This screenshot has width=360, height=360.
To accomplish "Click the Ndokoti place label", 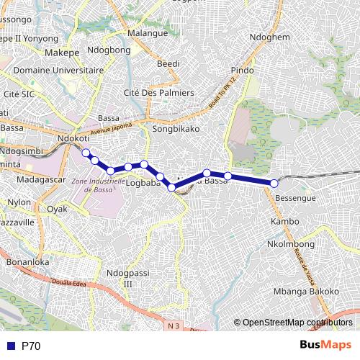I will (75, 138).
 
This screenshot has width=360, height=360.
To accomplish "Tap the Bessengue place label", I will (296, 197).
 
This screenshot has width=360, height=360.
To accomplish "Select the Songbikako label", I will (176, 129).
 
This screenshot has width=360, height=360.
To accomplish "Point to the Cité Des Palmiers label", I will (159, 94).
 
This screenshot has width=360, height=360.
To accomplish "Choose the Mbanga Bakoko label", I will (306, 291).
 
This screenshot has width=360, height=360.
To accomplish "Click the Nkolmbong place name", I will (291, 245).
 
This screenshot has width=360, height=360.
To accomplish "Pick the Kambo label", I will (284, 221).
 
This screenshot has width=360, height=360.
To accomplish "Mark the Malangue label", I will (147, 34).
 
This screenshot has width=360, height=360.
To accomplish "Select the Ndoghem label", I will (269, 37).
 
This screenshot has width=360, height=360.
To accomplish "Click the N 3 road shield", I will (172, 326).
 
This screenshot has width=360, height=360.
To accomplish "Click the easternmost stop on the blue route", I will (274, 184).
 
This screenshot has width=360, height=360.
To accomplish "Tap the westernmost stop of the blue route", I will (86, 153).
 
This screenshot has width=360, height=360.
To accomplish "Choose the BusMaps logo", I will (326, 346).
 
